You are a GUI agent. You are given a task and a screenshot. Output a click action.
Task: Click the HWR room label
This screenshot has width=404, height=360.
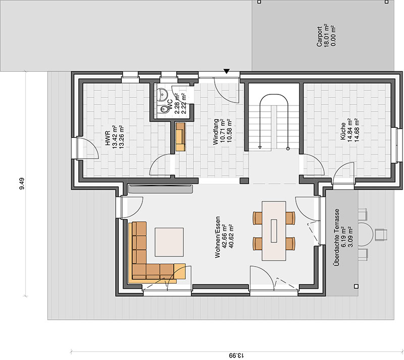pos(108,138)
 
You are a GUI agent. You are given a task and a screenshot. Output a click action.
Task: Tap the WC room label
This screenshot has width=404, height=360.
pos(170,105)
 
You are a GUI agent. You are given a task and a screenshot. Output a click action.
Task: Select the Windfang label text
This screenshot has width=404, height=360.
pos(216,132)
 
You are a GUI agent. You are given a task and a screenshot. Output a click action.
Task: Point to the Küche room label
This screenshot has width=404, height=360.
pos(343,132)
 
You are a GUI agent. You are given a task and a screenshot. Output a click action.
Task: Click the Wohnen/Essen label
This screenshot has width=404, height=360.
pos(218,237)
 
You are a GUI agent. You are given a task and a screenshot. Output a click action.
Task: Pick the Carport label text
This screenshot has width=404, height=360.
pos(320,36)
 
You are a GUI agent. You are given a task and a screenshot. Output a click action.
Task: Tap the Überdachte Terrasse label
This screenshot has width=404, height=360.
pos(336,237)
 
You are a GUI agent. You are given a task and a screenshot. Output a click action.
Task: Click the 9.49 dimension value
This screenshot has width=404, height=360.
pos(22,183)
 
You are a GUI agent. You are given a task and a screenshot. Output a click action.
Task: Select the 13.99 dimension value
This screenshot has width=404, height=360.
pos(236,355)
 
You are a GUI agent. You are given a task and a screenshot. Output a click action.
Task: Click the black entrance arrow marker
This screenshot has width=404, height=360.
pos(226,71)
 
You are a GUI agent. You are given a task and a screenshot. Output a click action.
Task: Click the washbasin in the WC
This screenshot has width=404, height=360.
pos(162,94)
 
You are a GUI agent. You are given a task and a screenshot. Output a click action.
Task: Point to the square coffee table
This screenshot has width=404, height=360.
pos(169,242)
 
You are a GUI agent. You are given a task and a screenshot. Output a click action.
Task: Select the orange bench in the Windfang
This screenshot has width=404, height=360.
pos(181,137)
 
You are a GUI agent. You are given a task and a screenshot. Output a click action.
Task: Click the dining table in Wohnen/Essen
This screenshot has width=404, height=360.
pos(274,231)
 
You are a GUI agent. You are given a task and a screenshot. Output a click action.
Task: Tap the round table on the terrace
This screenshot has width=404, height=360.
pos(366,234)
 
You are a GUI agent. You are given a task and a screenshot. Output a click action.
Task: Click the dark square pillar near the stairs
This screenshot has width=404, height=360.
pos(244,181)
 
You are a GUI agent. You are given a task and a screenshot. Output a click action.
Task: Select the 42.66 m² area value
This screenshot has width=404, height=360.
pos(224,237)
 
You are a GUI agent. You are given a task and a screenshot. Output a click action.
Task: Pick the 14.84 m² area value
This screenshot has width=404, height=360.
pos(349,132)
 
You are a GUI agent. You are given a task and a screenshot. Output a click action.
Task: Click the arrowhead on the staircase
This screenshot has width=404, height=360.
pos(260,147)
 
